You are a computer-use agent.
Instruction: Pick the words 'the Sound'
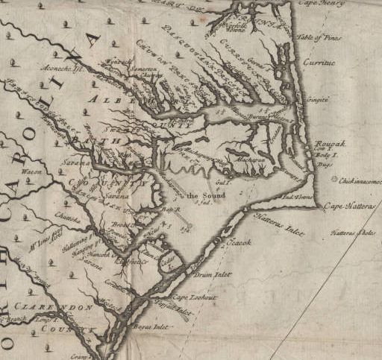pos(202,195)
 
